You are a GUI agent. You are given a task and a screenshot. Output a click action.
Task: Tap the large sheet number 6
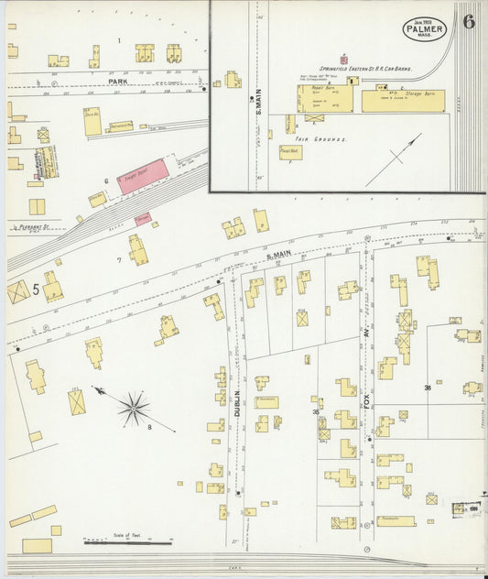tap(469, 22)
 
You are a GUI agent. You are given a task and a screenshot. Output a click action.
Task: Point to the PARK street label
tap(116, 82)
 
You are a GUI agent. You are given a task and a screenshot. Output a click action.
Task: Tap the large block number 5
tap(35, 289)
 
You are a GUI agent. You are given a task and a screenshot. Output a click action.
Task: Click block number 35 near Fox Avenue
tap(317, 412)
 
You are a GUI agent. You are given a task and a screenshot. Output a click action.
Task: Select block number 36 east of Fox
tap(428, 388)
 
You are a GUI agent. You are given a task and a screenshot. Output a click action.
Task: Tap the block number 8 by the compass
tap(149, 426)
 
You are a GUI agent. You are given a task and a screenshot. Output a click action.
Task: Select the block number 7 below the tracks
tap(119, 259)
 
